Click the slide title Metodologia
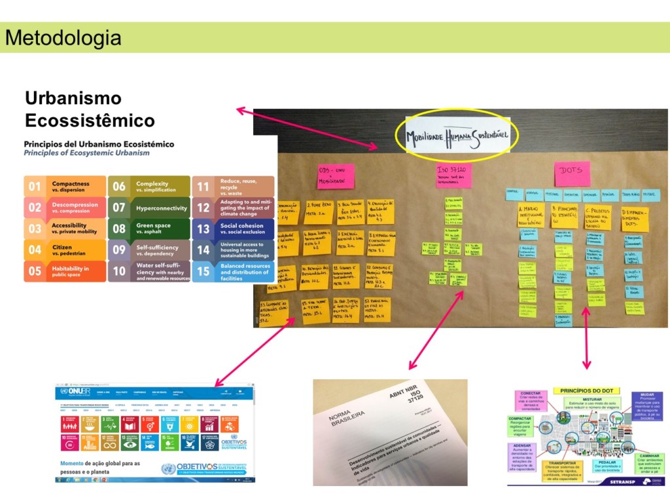63,37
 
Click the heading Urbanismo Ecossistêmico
90,109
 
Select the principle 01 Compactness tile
65,187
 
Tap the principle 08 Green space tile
149,229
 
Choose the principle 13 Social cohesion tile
233,229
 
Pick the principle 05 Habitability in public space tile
65,271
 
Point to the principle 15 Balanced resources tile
233,271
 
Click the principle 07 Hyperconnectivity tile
149,208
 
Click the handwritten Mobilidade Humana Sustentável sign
457,136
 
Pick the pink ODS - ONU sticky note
335,176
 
